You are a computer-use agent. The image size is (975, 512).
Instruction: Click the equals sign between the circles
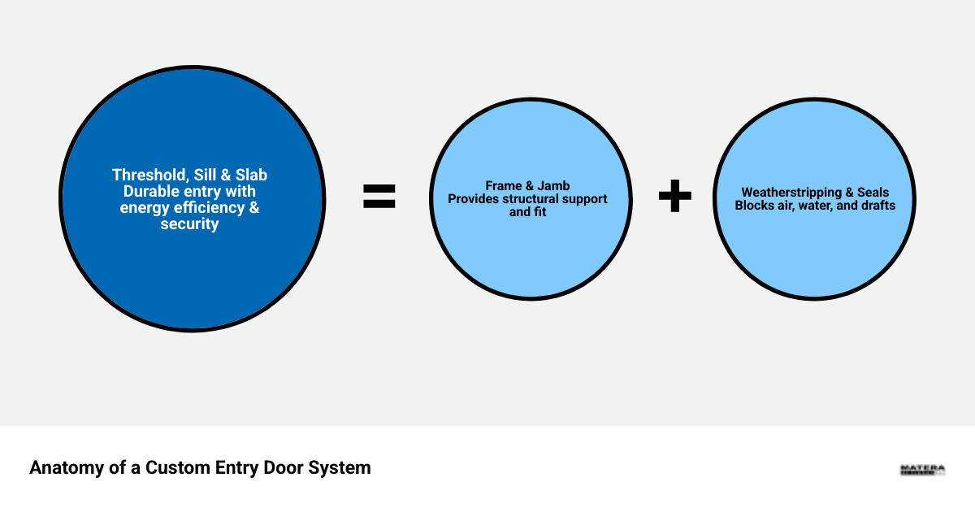[379, 197]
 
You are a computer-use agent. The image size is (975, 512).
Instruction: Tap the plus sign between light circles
[674, 197]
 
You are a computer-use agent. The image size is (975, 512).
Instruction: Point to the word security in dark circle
[189, 223]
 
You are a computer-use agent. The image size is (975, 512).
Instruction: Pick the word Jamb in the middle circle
[554, 186]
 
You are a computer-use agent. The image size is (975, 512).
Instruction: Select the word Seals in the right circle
[873, 193]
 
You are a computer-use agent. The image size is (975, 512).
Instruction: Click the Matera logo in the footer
[922, 470]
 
